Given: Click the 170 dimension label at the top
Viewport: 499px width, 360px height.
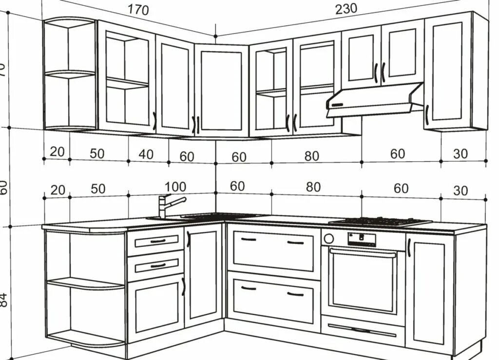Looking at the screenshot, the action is pos(138,9).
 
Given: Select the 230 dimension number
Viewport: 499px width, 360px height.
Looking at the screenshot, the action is pos(346,8).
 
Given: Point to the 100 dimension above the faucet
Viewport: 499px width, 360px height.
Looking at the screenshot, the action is pos(175,187).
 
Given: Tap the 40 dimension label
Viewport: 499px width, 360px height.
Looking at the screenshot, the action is pos(146,154).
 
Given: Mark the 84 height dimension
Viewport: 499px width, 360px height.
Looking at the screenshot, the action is pos(4,300).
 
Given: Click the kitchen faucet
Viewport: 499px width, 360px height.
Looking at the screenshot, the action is pos(168,205).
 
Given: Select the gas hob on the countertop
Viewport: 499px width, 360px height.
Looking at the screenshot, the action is pos(380,222).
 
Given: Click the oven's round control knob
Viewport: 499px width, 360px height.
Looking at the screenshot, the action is pos(329,238).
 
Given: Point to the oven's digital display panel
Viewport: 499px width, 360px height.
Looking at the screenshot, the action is pos(362,239).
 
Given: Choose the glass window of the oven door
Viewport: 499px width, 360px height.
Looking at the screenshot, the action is pos(362,280).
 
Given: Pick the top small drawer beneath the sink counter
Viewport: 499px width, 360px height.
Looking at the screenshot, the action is pos(155,241).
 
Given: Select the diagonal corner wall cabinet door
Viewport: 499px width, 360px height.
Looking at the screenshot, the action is pos(222,90).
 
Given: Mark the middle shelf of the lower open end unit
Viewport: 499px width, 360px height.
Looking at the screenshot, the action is pos(85,283).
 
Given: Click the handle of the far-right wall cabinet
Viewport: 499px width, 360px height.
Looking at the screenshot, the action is pos(427,114).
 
